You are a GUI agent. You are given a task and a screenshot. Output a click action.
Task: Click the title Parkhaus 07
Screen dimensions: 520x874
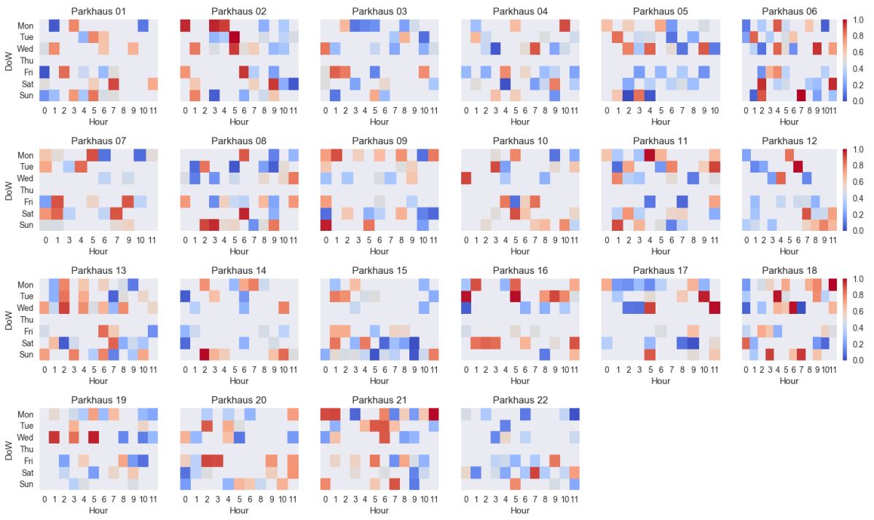pyautogui.click(x=98, y=141)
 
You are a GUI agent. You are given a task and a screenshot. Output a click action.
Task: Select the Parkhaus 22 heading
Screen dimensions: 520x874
pyautogui.click(x=520, y=400)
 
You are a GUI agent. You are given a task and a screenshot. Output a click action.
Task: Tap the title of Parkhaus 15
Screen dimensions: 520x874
pyautogui.click(x=379, y=270)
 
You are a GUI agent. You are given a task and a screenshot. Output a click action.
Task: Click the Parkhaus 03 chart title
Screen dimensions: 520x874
pyautogui.click(x=379, y=11)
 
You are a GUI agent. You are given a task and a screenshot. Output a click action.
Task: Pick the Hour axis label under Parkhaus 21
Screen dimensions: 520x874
pyautogui.click(x=379, y=511)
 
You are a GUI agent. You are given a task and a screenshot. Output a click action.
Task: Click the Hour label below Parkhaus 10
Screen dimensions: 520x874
pyautogui.click(x=520, y=251)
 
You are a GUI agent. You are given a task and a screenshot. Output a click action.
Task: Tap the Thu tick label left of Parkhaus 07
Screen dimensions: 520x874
pyautogui.click(x=25, y=190)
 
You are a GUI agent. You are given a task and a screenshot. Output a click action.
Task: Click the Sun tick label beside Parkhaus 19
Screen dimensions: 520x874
pyautogui.click(x=25, y=484)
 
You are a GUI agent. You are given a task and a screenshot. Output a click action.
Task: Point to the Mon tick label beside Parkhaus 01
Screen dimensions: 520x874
pyautogui.click(x=25, y=25)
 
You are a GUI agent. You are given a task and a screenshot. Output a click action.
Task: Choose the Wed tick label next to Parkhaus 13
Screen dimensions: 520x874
pyautogui.click(x=25, y=308)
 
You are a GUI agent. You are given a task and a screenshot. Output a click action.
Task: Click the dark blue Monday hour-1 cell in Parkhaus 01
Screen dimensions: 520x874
pyautogui.click(x=54, y=25)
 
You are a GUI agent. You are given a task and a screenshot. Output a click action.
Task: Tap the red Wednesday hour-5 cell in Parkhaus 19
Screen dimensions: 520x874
pyautogui.click(x=93, y=438)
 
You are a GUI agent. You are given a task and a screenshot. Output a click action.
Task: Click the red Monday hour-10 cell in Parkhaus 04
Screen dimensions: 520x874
pyautogui.click(x=564, y=25)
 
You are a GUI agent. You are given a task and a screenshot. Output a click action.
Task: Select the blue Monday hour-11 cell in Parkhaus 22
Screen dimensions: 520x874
pyautogui.click(x=575, y=414)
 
